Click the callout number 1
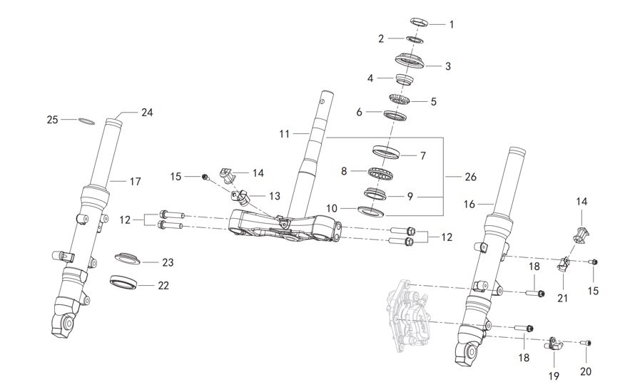click(x=451, y=24)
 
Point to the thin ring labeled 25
click(x=84, y=120)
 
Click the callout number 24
click(x=147, y=112)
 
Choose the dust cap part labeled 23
click(x=128, y=257)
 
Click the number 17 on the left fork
click(x=135, y=182)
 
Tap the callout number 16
click(x=469, y=205)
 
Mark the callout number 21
click(x=562, y=298)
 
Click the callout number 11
click(x=285, y=133)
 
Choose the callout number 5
click(x=433, y=101)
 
